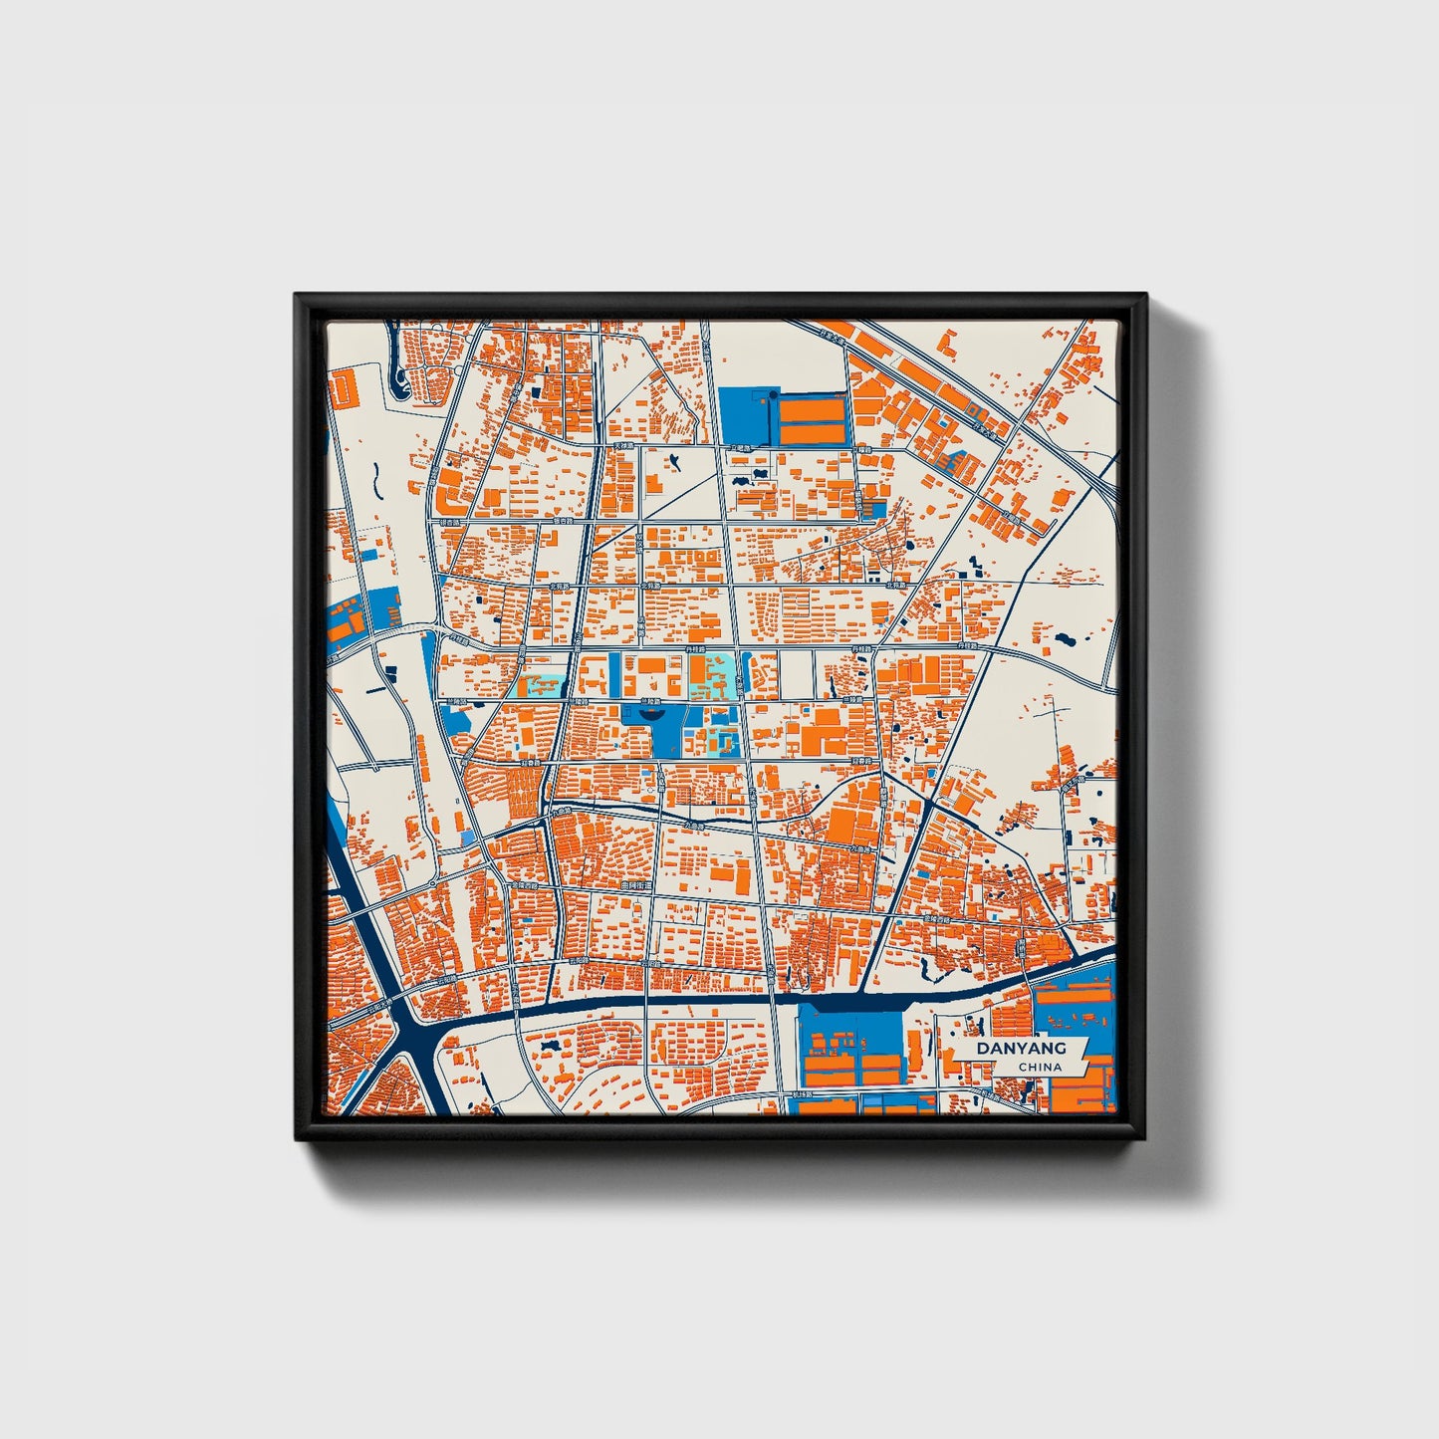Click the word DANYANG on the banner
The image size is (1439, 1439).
point(1021,1048)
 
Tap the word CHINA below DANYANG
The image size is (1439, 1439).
point(1040,1067)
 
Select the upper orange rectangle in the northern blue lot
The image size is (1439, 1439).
point(813,408)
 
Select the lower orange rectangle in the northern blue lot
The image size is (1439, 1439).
point(813,433)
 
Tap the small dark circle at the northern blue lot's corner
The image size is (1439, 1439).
point(773,396)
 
